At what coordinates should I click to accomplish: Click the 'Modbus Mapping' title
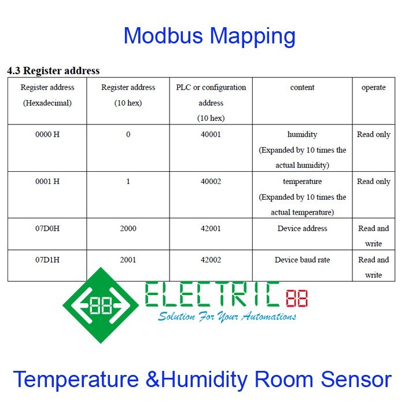pyautogui.click(x=209, y=36)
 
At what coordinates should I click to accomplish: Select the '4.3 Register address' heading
pyautogui.click(x=53, y=71)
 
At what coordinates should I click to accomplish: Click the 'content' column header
pyautogui.click(x=302, y=87)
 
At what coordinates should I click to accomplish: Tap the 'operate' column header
pyautogui.click(x=373, y=87)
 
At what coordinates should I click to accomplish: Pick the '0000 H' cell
pyautogui.click(x=47, y=134)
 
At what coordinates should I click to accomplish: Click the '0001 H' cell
pyautogui.click(x=47, y=181)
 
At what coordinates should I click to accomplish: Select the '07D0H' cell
pyautogui.click(x=47, y=229)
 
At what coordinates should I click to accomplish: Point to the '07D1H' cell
pyautogui.click(x=47, y=260)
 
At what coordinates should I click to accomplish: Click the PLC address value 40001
pyautogui.click(x=211, y=134)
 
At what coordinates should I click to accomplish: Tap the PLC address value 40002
pyautogui.click(x=211, y=181)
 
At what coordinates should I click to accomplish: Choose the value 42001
pyautogui.click(x=211, y=229)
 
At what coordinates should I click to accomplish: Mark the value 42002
pyautogui.click(x=211, y=260)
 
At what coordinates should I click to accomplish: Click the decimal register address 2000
pyautogui.click(x=128, y=229)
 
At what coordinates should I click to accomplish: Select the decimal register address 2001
pyautogui.click(x=128, y=260)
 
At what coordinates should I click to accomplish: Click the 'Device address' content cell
pyautogui.click(x=302, y=229)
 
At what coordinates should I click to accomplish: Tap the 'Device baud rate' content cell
pyautogui.click(x=302, y=260)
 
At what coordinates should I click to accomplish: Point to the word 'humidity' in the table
pyautogui.click(x=302, y=134)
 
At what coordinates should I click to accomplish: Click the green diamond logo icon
pyautogui.click(x=101, y=305)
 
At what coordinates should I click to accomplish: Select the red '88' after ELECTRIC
pyautogui.click(x=296, y=299)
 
